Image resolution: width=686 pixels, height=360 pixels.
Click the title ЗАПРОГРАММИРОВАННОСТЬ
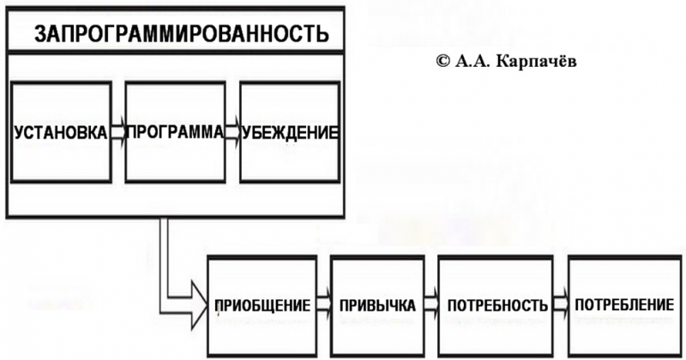(x=180, y=34)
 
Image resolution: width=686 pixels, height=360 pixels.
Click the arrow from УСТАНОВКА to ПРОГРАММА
(x=117, y=133)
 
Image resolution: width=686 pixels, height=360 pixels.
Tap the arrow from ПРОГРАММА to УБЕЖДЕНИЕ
(x=232, y=133)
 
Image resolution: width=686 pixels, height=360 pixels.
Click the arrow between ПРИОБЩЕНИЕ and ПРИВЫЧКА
(x=323, y=304)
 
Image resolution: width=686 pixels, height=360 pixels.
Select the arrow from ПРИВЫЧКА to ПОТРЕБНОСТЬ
(x=428, y=304)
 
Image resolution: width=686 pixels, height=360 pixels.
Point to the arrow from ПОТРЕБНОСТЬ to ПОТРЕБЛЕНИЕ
(x=560, y=304)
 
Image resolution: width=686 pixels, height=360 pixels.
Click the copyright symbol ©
(x=442, y=62)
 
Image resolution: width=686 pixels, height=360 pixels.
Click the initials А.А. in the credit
(x=474, y=62)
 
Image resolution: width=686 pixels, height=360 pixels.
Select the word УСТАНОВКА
(x=60, y=133)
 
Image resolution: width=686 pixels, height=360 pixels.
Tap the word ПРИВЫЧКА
(x=377, y=305)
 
